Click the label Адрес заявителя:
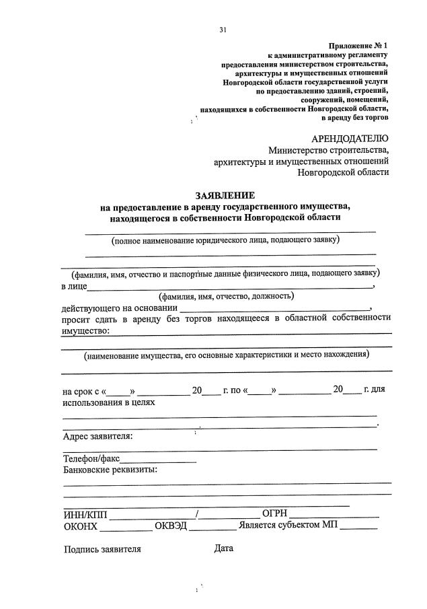click(x=98, y=436)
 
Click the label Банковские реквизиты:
click(x=110, y=469)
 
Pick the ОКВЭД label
click(x=171, y=526)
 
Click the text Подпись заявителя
click(x=102, y=549)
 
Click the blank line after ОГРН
click(x=335, y=517)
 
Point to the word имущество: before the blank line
click(x=86, y=330)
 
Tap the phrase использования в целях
click(x=109, y=403)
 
